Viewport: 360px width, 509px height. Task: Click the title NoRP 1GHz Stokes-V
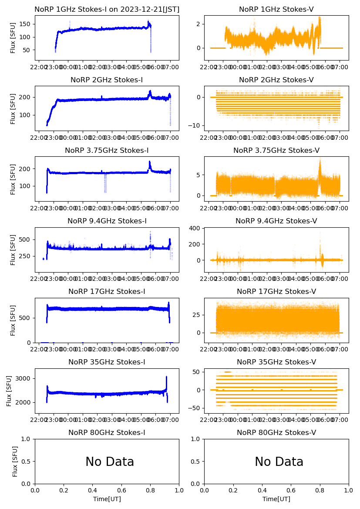coord(276,10)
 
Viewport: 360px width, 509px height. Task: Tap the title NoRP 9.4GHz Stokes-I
coord(107,221)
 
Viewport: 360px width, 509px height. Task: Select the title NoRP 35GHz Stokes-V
coord(276,362)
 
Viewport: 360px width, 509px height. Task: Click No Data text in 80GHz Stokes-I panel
coord(110,462)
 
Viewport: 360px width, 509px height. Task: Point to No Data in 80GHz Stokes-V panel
coord(279,462)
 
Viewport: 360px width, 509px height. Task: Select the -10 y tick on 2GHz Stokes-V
coord(194,125)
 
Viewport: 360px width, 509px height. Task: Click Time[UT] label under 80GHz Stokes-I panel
coord(107,499)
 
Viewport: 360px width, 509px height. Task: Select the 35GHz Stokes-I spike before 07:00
coord(166,377)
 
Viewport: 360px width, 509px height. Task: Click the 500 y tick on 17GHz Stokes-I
coord(26,318)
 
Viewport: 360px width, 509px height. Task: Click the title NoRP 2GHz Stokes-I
coord(107,80)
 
